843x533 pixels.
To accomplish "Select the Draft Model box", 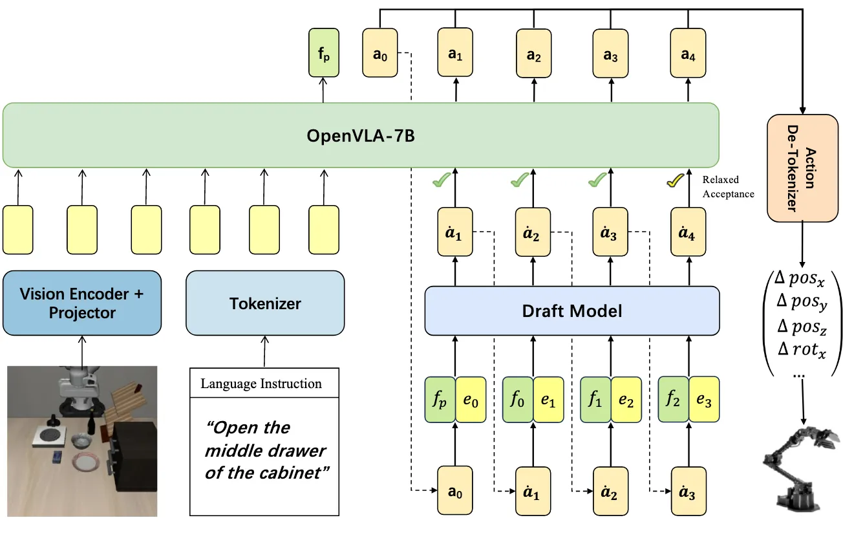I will click(571, 312).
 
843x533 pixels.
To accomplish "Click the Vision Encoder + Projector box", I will click(82, 303).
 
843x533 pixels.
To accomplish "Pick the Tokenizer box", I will click(265, 303).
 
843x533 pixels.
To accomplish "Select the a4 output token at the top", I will click(688, 56).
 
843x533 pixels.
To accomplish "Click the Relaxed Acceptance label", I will click(729, 186).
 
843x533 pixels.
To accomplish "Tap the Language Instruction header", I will click(261, 384).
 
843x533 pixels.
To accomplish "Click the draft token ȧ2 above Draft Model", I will click(533, 234).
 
